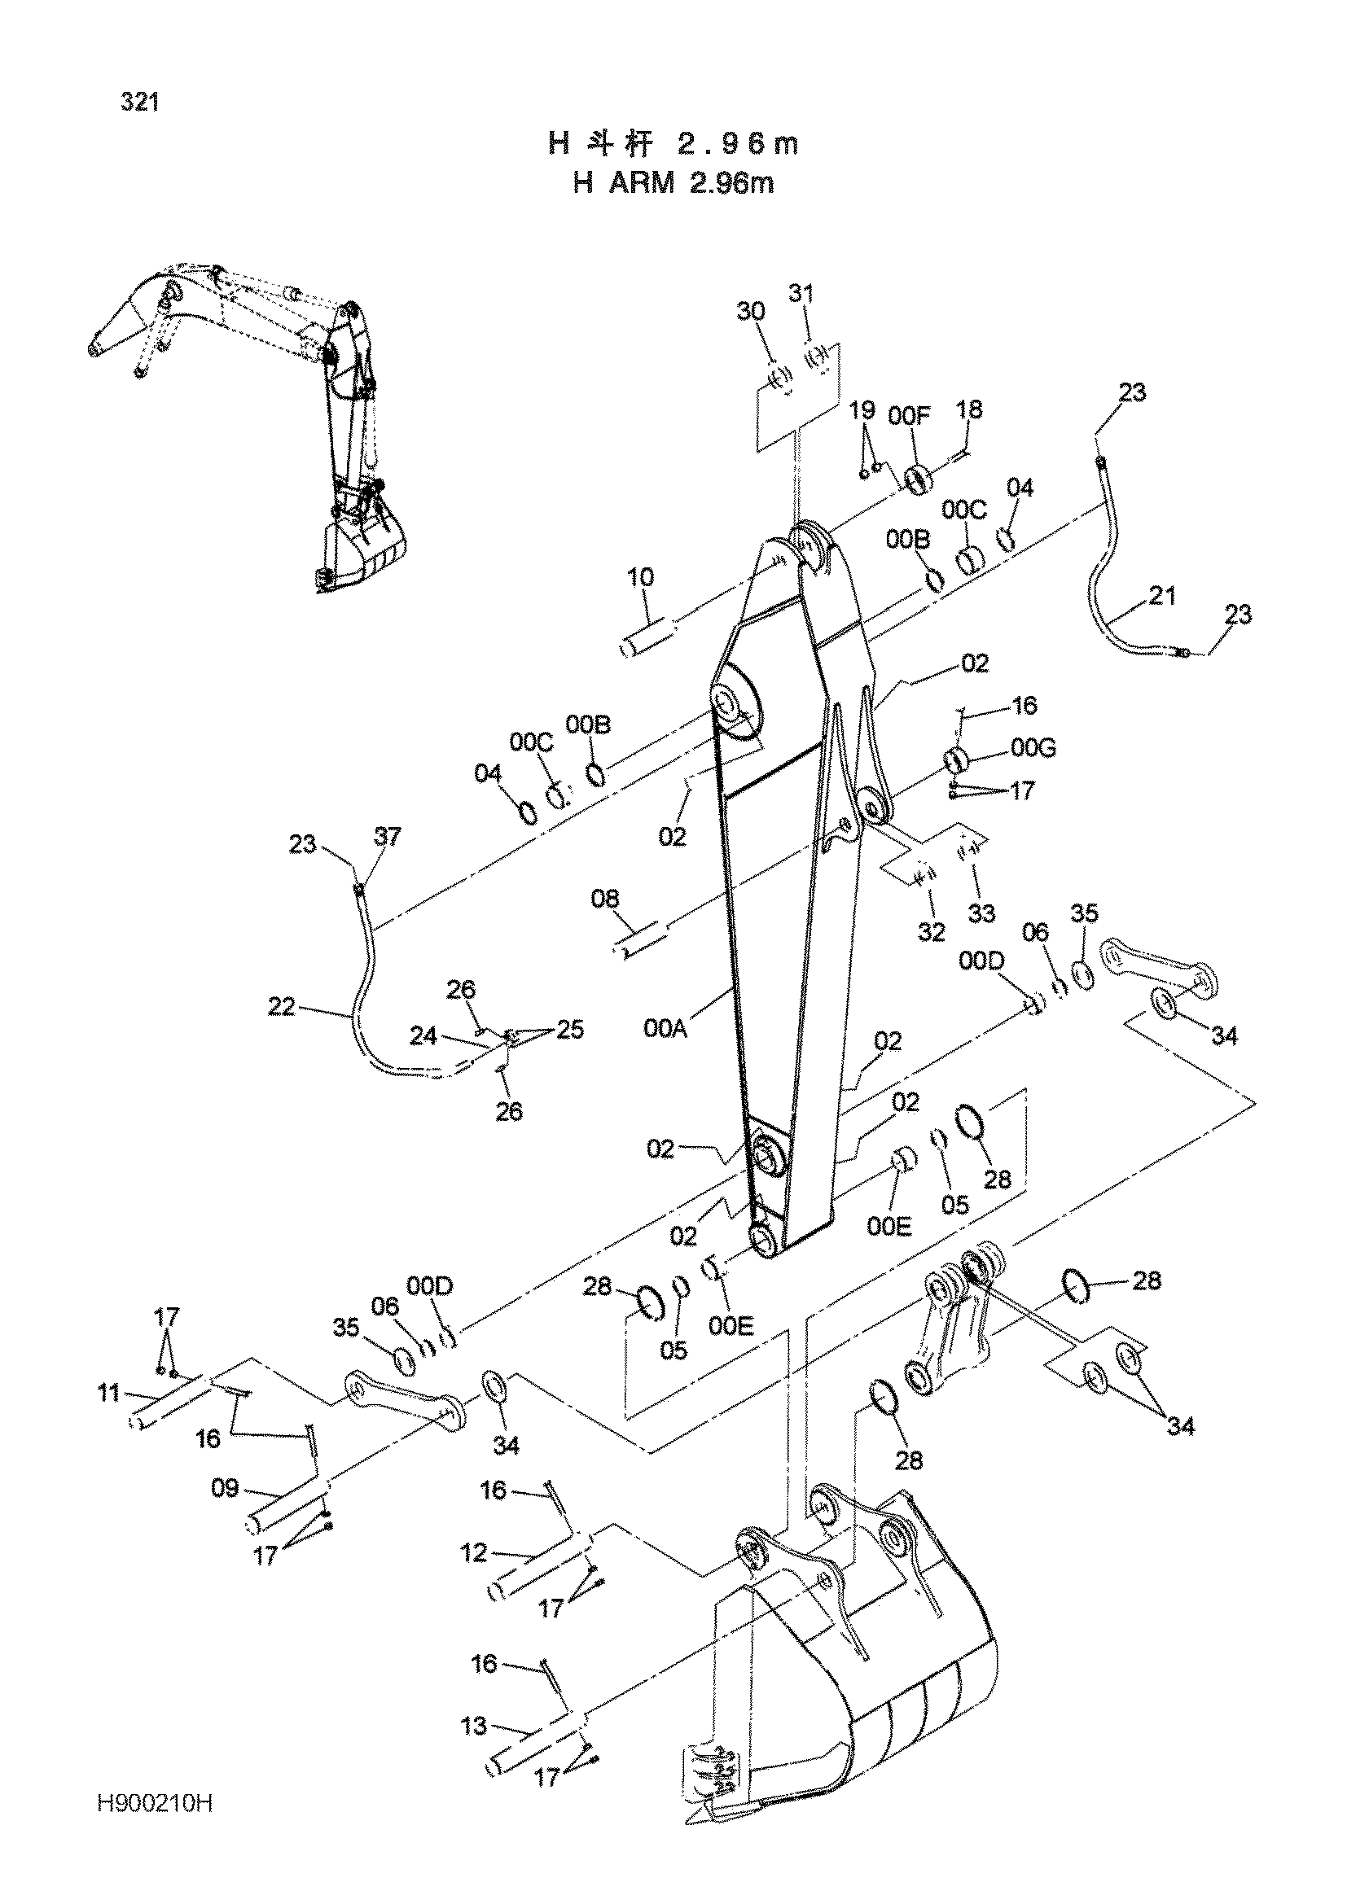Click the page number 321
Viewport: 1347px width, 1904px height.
(x=139, y=102)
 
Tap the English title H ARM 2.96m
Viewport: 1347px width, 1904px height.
(x=673, y=182)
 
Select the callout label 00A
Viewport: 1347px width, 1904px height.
(x=665, y=1028)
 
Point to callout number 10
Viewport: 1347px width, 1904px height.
(x=639, y=576)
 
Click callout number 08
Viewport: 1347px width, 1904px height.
(x=605, y=898)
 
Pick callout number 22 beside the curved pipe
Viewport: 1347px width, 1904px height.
(x=282, y=1007)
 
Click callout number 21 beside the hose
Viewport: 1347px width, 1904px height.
(x=1162, y=594)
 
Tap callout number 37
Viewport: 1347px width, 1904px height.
(x=388, y=837)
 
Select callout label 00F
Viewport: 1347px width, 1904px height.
(x=909, y=416)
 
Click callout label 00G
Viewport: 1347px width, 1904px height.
(x=1034, y=748)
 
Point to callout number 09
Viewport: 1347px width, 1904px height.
(x=225, y=1489)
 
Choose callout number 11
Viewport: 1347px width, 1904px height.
(x=108, y=1392)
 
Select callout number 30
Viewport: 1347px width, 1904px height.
(x=751, y=311)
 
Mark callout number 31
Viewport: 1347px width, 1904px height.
(x=801, y=294)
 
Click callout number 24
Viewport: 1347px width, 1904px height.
(x=423, y=1035)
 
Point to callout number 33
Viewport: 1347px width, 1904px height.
(x=982, y=913)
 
